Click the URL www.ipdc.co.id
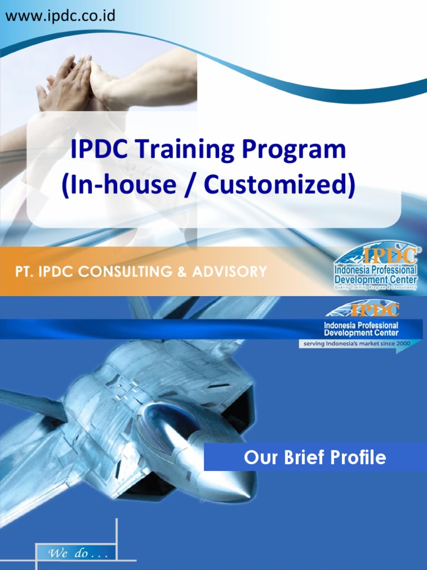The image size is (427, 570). [x=60, y=15]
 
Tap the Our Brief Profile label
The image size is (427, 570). [x=315, y=458]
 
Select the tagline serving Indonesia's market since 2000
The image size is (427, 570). [x=356, y=343]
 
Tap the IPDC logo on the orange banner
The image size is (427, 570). [x=376, y=266]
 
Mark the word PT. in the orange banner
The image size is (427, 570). [x=24, y=272]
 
